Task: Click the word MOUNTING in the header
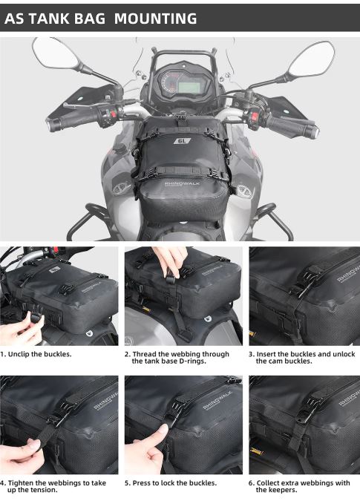(155, 19)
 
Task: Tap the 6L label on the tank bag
(182, 140)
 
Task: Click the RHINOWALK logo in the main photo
(182, 184)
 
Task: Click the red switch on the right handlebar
(255, 117)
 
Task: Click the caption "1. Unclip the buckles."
(36, 354)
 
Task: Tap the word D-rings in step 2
(191, 361)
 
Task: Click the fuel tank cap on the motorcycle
(122, 148)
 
